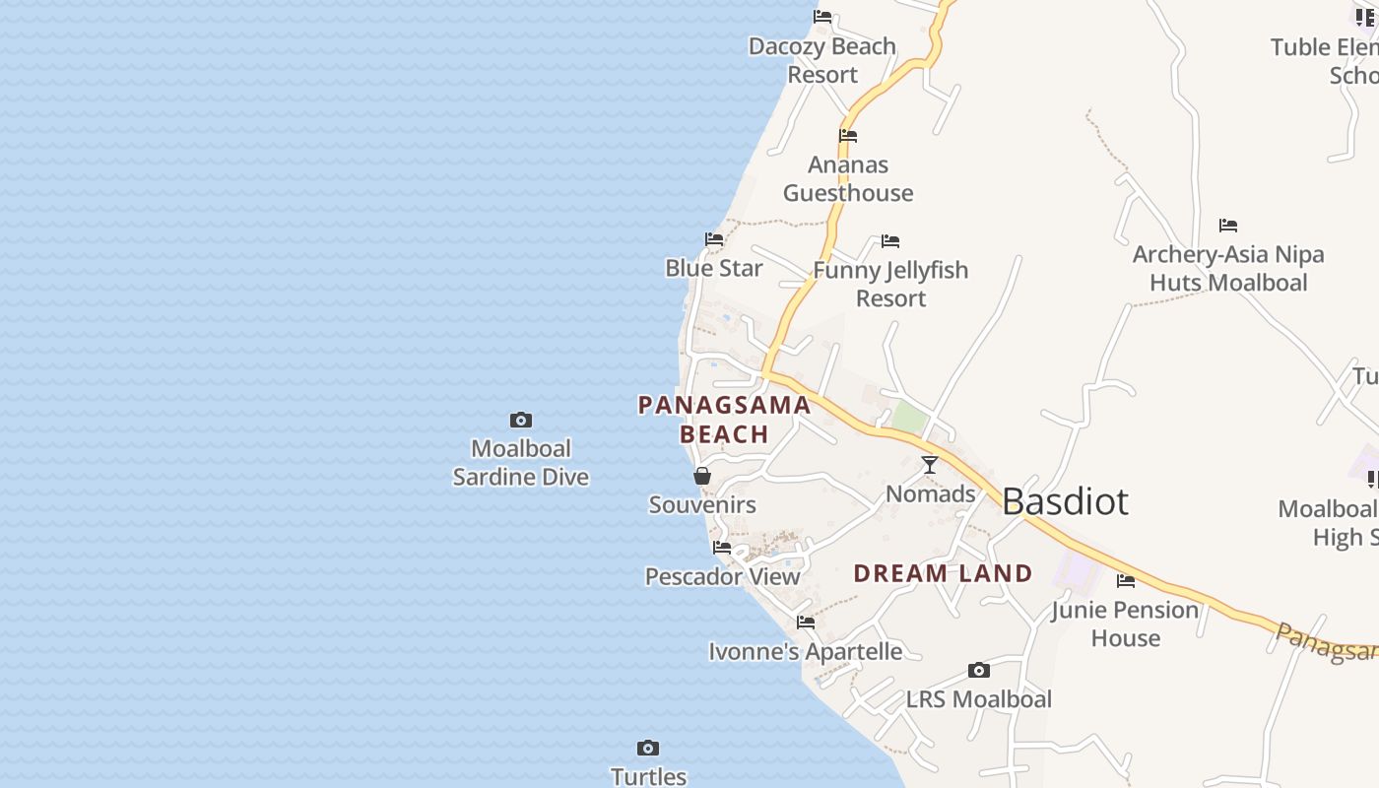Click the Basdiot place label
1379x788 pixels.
point(1065,501)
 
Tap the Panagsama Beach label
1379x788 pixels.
point(724,419)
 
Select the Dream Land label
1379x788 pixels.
point(943,573)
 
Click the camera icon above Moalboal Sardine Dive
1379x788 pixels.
point(521,421)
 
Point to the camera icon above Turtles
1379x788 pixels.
point(648,748)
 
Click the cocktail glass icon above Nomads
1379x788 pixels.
point(930,464)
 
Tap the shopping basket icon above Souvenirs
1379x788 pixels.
point(702,477)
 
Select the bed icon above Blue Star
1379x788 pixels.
point(714,239)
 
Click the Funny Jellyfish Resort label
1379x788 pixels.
point(890,284)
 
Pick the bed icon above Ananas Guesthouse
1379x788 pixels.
point(848,136)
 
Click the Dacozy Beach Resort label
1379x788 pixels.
point(822,60)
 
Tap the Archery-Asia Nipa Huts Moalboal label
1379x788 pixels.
point(1228,268)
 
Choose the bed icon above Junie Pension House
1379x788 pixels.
point(1126,581)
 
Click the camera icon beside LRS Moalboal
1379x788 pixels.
point(978,671)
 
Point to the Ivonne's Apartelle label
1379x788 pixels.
point(806,651)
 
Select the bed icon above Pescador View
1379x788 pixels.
point(722,548)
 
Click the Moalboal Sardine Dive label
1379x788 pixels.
point(521,463)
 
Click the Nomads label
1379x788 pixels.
point(931,493)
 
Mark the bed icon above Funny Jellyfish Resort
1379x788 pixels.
point(890,241)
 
